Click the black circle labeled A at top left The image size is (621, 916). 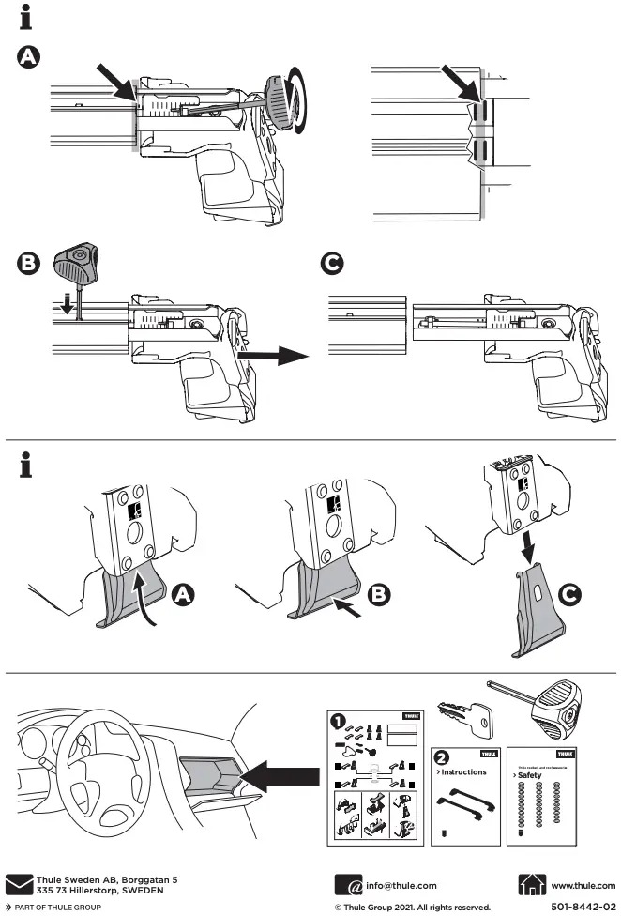click(x=30, y=57)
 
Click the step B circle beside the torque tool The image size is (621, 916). click(x=30, y=265)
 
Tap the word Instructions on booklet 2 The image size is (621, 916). click(x=462, y=772)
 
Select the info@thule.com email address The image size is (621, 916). click(x=401, y=885)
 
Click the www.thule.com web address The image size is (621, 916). click(x=583, y=885)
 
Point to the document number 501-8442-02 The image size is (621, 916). click(x=584, y=908)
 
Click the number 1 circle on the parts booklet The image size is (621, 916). click(x=336, y=722)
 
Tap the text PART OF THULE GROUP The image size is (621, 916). click(x=54, y=908)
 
